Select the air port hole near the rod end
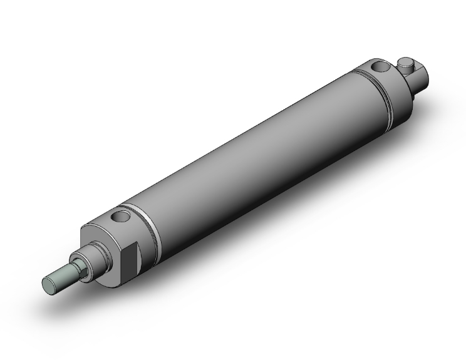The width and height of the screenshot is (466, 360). click(120, 219)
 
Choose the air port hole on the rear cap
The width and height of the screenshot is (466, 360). click(378, 65)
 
